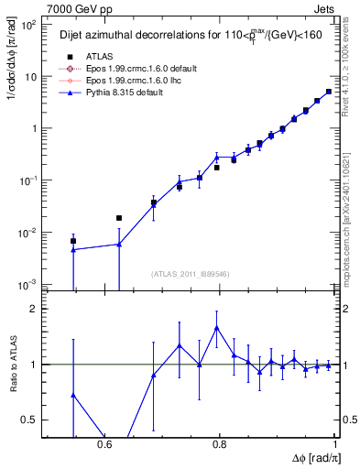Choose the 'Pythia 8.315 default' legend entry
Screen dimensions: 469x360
(106, 93)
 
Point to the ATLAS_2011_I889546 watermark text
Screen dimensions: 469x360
(190, 274)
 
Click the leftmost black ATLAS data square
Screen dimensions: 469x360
(73, 241)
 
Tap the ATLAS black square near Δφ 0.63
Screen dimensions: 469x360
(119, 218)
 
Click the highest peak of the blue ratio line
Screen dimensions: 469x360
(216, 327)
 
